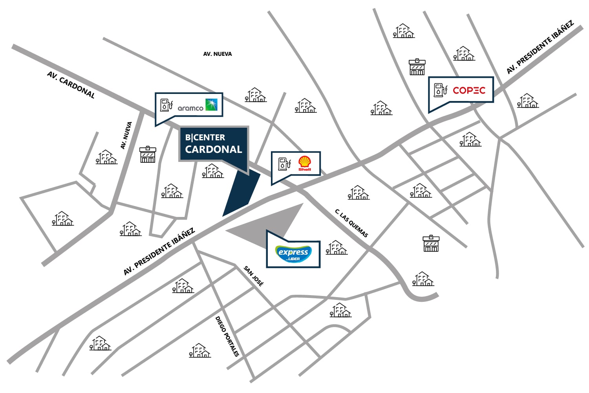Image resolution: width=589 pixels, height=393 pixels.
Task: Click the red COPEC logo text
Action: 469,90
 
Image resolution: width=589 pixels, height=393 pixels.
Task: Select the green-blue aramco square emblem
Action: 211,105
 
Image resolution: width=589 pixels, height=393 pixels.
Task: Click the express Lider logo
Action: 293,253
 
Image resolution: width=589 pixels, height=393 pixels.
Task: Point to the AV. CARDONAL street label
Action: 71,85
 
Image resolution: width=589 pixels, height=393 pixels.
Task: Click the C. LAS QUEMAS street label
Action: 351,223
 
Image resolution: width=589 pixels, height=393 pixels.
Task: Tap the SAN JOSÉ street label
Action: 254,276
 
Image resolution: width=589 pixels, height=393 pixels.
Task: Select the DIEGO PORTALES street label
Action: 227,336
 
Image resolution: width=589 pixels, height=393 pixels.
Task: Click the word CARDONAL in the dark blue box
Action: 214,149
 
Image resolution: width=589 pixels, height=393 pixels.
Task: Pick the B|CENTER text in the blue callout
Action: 205,138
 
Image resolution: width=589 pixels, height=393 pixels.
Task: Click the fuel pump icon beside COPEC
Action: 441,90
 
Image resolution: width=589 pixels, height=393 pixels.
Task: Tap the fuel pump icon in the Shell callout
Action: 285,164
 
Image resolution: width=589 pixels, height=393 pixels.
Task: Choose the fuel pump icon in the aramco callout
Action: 166,105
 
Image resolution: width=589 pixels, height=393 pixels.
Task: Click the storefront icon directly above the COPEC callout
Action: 417,67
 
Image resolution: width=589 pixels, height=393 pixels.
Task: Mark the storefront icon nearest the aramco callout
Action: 148,154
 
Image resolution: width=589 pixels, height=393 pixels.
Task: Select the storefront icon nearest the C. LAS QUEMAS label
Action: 431,243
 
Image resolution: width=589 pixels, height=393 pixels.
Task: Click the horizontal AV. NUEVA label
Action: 218,54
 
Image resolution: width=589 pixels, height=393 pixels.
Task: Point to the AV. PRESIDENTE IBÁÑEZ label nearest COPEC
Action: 540,48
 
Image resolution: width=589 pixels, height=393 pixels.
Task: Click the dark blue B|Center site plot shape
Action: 241,193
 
